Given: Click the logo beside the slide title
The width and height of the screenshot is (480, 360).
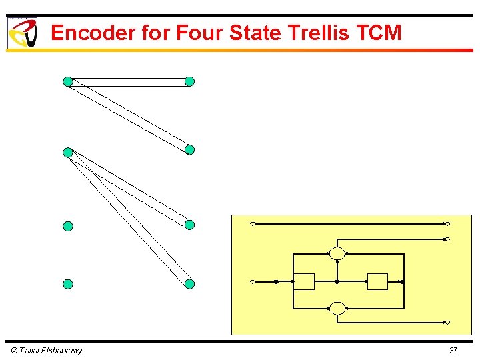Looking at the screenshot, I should click(22, 33).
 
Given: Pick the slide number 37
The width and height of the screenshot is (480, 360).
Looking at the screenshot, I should click(453, 351).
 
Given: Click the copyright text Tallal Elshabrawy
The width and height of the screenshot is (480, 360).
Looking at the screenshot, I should click(47, 351).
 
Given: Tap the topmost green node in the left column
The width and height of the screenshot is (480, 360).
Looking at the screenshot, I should click(67, 82).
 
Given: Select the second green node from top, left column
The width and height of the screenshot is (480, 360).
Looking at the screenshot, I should click(67, 153).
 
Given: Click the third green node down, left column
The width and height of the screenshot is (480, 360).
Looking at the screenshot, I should click(67, 226).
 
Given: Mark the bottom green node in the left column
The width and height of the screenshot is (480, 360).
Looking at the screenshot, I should click(67, 284).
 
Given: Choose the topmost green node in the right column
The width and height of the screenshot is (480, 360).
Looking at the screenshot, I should click(189, 82).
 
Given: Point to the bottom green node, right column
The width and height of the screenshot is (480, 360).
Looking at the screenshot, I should click(189, 284).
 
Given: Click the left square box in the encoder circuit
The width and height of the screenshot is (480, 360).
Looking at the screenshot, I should click(305, 282).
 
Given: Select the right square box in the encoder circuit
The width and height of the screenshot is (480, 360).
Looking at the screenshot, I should click(378, 282).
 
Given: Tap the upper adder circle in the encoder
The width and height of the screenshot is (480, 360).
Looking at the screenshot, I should click(337, 253).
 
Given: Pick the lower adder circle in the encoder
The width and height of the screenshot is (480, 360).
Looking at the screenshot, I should click(337, 308).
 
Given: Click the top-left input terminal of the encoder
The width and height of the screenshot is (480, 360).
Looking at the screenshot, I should click(253, 224).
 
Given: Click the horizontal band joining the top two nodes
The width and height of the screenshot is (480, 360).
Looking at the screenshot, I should click(128, 82).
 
